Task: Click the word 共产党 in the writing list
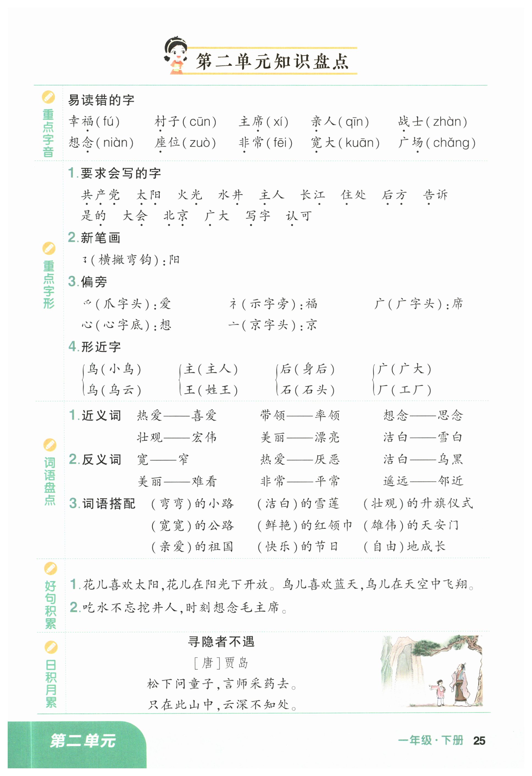point(100,195)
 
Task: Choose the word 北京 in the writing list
point(176,216)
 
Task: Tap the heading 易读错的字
point(101,100)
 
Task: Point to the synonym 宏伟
point(204,437)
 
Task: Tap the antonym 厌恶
point(327,459)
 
